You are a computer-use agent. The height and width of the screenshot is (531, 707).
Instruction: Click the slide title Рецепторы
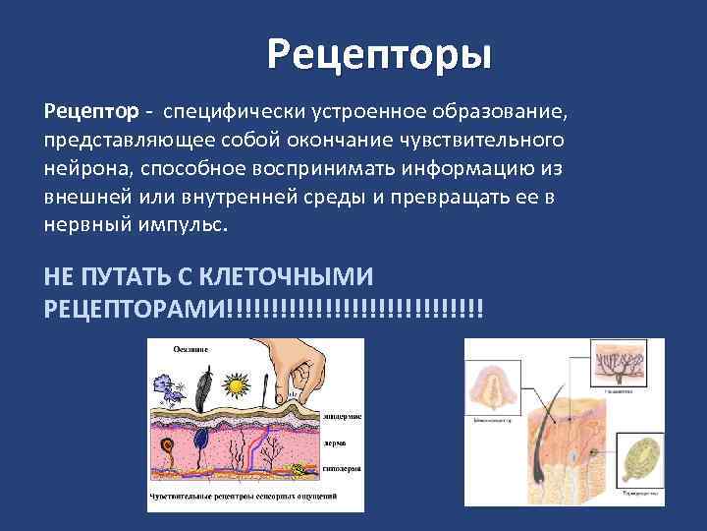[x=379, y=54]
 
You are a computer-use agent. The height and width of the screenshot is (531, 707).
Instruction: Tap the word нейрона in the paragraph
[x=82, y=165]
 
